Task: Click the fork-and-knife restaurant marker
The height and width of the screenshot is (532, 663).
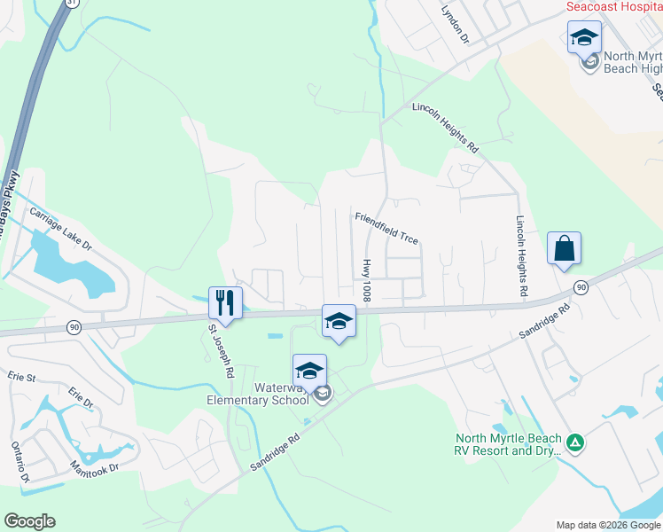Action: [x=223, y=302]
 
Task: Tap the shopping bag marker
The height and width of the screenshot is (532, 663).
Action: [x=564, y=248]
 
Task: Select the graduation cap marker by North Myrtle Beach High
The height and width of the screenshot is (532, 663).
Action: [x=584, y=37]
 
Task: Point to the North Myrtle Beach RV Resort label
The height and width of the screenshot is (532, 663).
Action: [x=509, y=444]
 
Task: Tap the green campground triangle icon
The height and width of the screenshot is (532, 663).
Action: [x=575, y=442]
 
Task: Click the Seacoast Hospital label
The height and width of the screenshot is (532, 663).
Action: [x=614, y=6]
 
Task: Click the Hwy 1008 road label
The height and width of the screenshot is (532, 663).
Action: [x=366, y=280]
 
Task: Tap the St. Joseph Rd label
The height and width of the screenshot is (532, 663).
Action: [x=220, y=351]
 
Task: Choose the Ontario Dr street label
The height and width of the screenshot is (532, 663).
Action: [x=19, y=462]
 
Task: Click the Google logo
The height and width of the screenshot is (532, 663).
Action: [x=29, y=521]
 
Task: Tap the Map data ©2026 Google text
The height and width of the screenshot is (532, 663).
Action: [x=608, y=525]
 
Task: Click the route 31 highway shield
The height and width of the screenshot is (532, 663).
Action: [x=71, y=3]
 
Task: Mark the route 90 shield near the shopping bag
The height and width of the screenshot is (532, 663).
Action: [x=581, y=287]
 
